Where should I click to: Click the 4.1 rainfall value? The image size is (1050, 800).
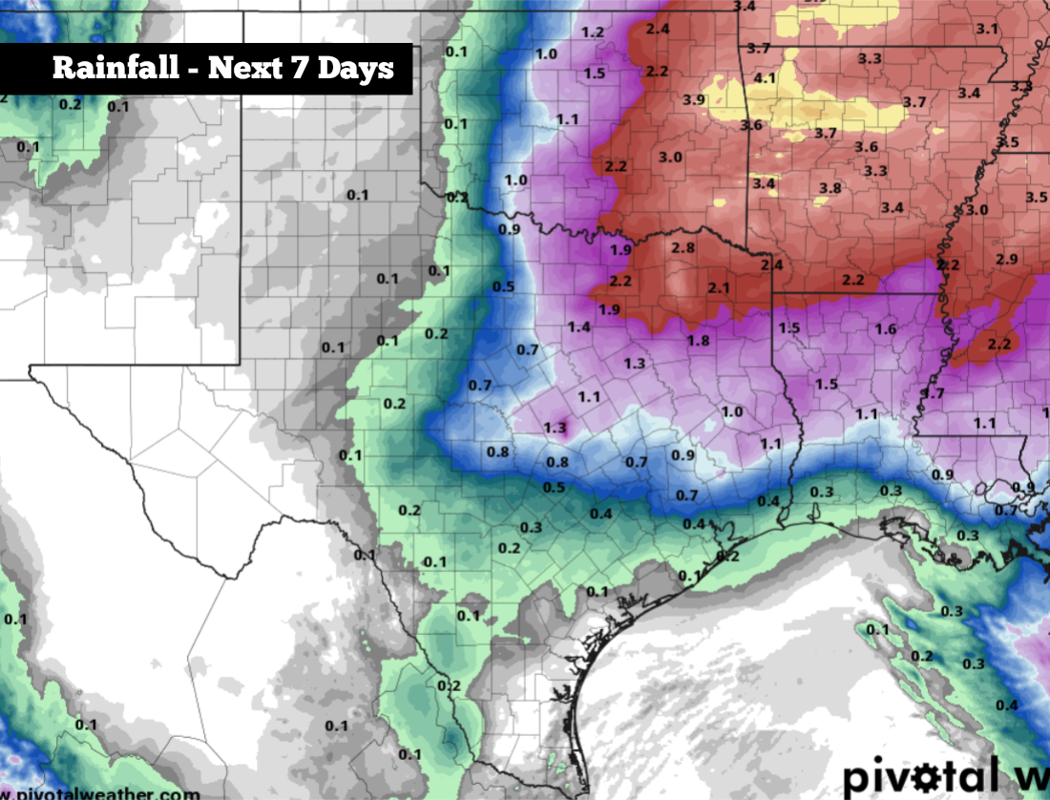tap(765, 77)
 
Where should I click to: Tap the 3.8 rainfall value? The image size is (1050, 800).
tap(830, 188)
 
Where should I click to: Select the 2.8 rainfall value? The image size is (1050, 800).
tap(682, 247)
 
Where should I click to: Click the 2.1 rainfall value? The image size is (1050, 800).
tap(718, 287)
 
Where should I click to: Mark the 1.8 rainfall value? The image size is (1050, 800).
tap(698, 341)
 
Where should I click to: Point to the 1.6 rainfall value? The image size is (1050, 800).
tap(885, 329)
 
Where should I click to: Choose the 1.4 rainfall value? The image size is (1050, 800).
tap(578, 326)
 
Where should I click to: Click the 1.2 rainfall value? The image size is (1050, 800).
tap(592, 32)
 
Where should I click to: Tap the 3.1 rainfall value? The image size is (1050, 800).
tap(987, 29)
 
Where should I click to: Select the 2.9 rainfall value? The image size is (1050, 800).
tap(1006, 260)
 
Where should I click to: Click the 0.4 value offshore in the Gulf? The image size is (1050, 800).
tap(1006, 705)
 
